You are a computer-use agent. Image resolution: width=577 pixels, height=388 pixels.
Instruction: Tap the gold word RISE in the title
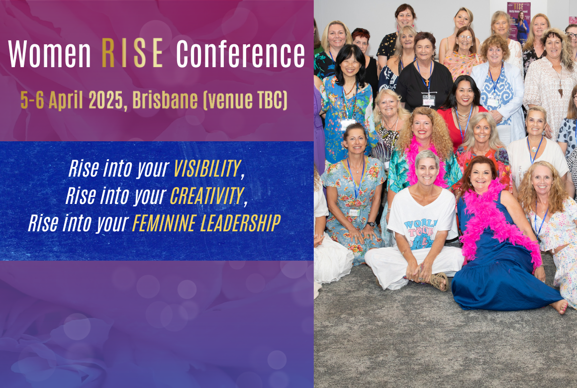coord(132,54)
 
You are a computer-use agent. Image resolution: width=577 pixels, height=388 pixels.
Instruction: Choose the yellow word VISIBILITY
coord(207,170)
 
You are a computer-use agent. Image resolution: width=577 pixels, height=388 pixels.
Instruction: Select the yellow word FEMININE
coord(163,223)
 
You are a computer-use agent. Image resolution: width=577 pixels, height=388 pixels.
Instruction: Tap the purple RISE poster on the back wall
coord(518,22)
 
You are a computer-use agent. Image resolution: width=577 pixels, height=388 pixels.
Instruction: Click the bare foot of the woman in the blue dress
coord(560,306)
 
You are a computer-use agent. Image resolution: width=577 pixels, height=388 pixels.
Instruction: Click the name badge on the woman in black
coord(428,100)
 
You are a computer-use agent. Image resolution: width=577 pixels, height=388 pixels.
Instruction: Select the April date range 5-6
coord(32,100)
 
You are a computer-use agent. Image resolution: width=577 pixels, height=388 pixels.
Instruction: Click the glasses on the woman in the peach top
coord(465,38)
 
